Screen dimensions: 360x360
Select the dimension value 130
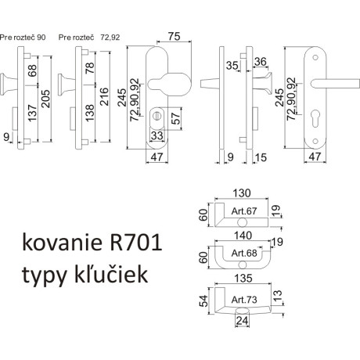tap(240, 192)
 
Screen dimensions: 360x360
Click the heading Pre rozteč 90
tap(23, 36)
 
